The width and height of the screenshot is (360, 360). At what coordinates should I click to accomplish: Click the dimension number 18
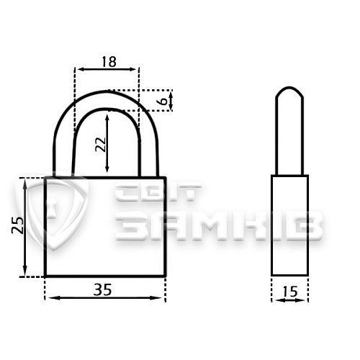tap(109, 62)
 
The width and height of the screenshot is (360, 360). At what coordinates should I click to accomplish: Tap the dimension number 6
tap(163, 101)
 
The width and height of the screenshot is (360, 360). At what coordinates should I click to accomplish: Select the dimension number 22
tap(101, 145)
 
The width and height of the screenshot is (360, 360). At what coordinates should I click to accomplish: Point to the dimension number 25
tap(17, 225)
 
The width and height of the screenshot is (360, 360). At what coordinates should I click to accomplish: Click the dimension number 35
tap(103, 289)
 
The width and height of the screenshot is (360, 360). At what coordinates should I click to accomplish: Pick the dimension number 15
tap(290, 292)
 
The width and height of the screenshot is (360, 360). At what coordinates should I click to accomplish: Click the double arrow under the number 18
tap(107, 69)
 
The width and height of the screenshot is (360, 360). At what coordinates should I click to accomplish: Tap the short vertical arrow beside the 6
tap(171, 101)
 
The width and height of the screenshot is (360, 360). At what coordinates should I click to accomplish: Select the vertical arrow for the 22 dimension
tap(107, 143)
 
